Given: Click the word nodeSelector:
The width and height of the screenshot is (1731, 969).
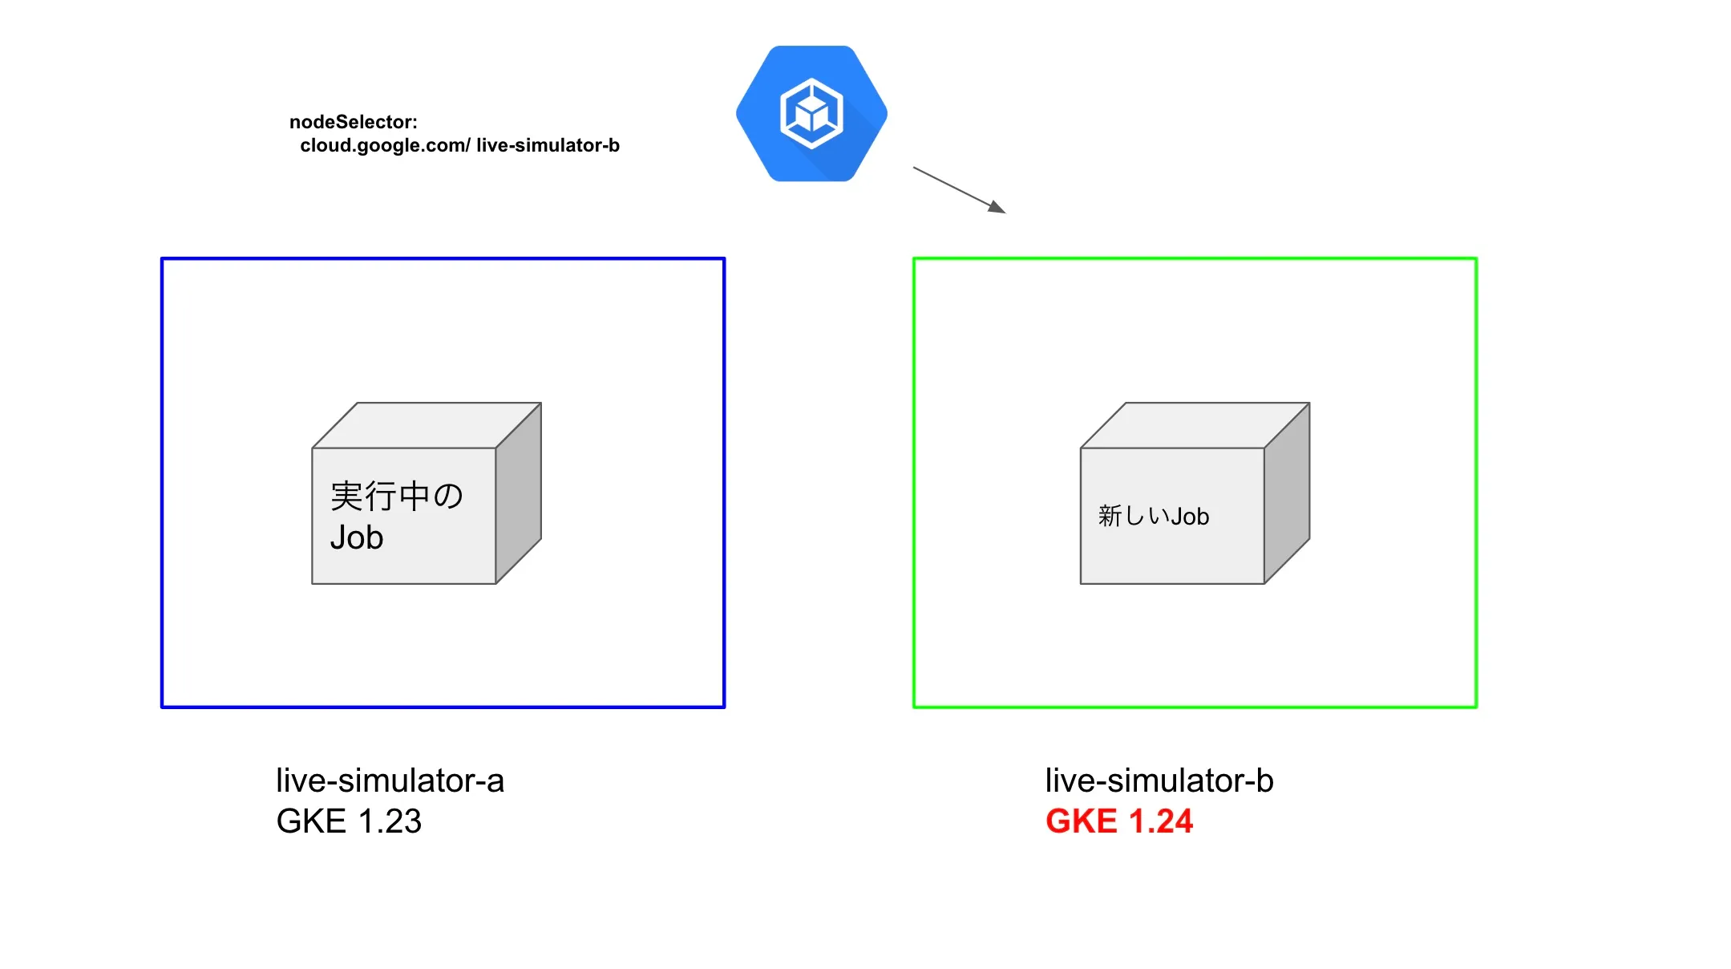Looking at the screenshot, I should pyautogui.click(x=354, y=122).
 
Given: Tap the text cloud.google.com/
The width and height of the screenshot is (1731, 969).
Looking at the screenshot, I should pyautogui.click(x=385, y=145).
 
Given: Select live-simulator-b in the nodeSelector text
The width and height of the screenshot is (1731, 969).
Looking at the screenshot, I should pyautogui.click(x=548, y=145).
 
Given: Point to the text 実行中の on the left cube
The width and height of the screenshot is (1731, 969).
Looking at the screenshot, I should pyautogui.click(x=396, y=496).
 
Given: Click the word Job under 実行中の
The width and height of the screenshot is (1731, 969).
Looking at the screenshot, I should pyautogui.click(x=357, y=537).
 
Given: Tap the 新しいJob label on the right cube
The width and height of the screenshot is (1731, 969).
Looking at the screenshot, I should pyautogui.click(x=1153, y=516).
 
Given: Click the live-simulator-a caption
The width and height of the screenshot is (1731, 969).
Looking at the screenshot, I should pyautogui.click(x=390, y=780).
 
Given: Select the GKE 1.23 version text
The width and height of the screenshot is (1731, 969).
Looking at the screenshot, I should pyautogui.click(x=349, y=821).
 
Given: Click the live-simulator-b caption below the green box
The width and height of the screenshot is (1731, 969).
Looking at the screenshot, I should pyautogui.click(x=1159, y=780).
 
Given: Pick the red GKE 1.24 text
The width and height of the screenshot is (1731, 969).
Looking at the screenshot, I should pyautogui.click(x=1119, y=821).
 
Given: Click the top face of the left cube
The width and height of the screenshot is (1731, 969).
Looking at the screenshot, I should pyautogui.click(x=427, y=425).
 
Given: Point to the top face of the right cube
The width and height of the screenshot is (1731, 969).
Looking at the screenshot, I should pyautogui.click(x=1195, y=425).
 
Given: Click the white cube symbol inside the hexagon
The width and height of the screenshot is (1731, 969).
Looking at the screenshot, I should pyautogui.click(x=811, y=113).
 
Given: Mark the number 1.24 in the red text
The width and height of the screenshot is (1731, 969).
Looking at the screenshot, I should pyautogui.click(x=1160, y=821).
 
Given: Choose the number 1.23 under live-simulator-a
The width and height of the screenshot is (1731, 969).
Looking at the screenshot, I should pyautogui.click(x=390, y=821).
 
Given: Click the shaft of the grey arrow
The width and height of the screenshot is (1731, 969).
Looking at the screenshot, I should pyautogui.click(x=950, y=185).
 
